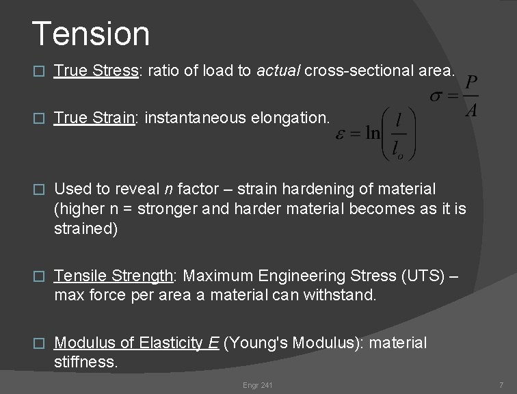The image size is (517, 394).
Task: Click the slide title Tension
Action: [x=90, y=34]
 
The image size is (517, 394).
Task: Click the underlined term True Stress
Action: [x=96, y=70]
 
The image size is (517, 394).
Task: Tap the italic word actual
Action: [x=278, y=70]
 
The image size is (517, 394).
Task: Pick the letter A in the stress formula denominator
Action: [x=470, y=109]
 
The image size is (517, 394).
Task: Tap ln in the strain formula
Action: [x=372, y=133]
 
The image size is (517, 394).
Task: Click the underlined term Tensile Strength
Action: [x=114, y=276]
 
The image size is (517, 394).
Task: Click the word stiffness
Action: [x=86, y=360]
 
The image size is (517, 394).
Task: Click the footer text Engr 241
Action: [x=258, y=385]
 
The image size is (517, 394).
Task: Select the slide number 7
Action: [x=501, y=385]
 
